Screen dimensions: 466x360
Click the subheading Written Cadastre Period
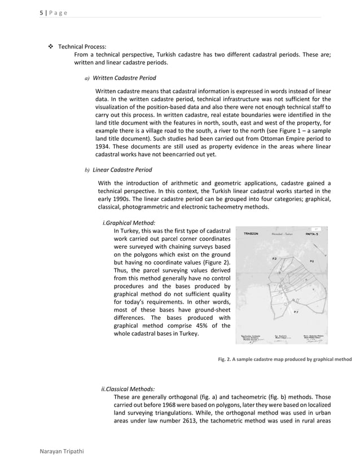(124, 77)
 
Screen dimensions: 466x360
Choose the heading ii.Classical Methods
(128, 389)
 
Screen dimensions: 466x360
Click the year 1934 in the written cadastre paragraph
(103, 146)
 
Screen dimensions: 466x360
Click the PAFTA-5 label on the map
(311, 234)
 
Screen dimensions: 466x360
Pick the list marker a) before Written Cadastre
(86, 78)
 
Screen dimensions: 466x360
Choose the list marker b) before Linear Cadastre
(87, 170)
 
